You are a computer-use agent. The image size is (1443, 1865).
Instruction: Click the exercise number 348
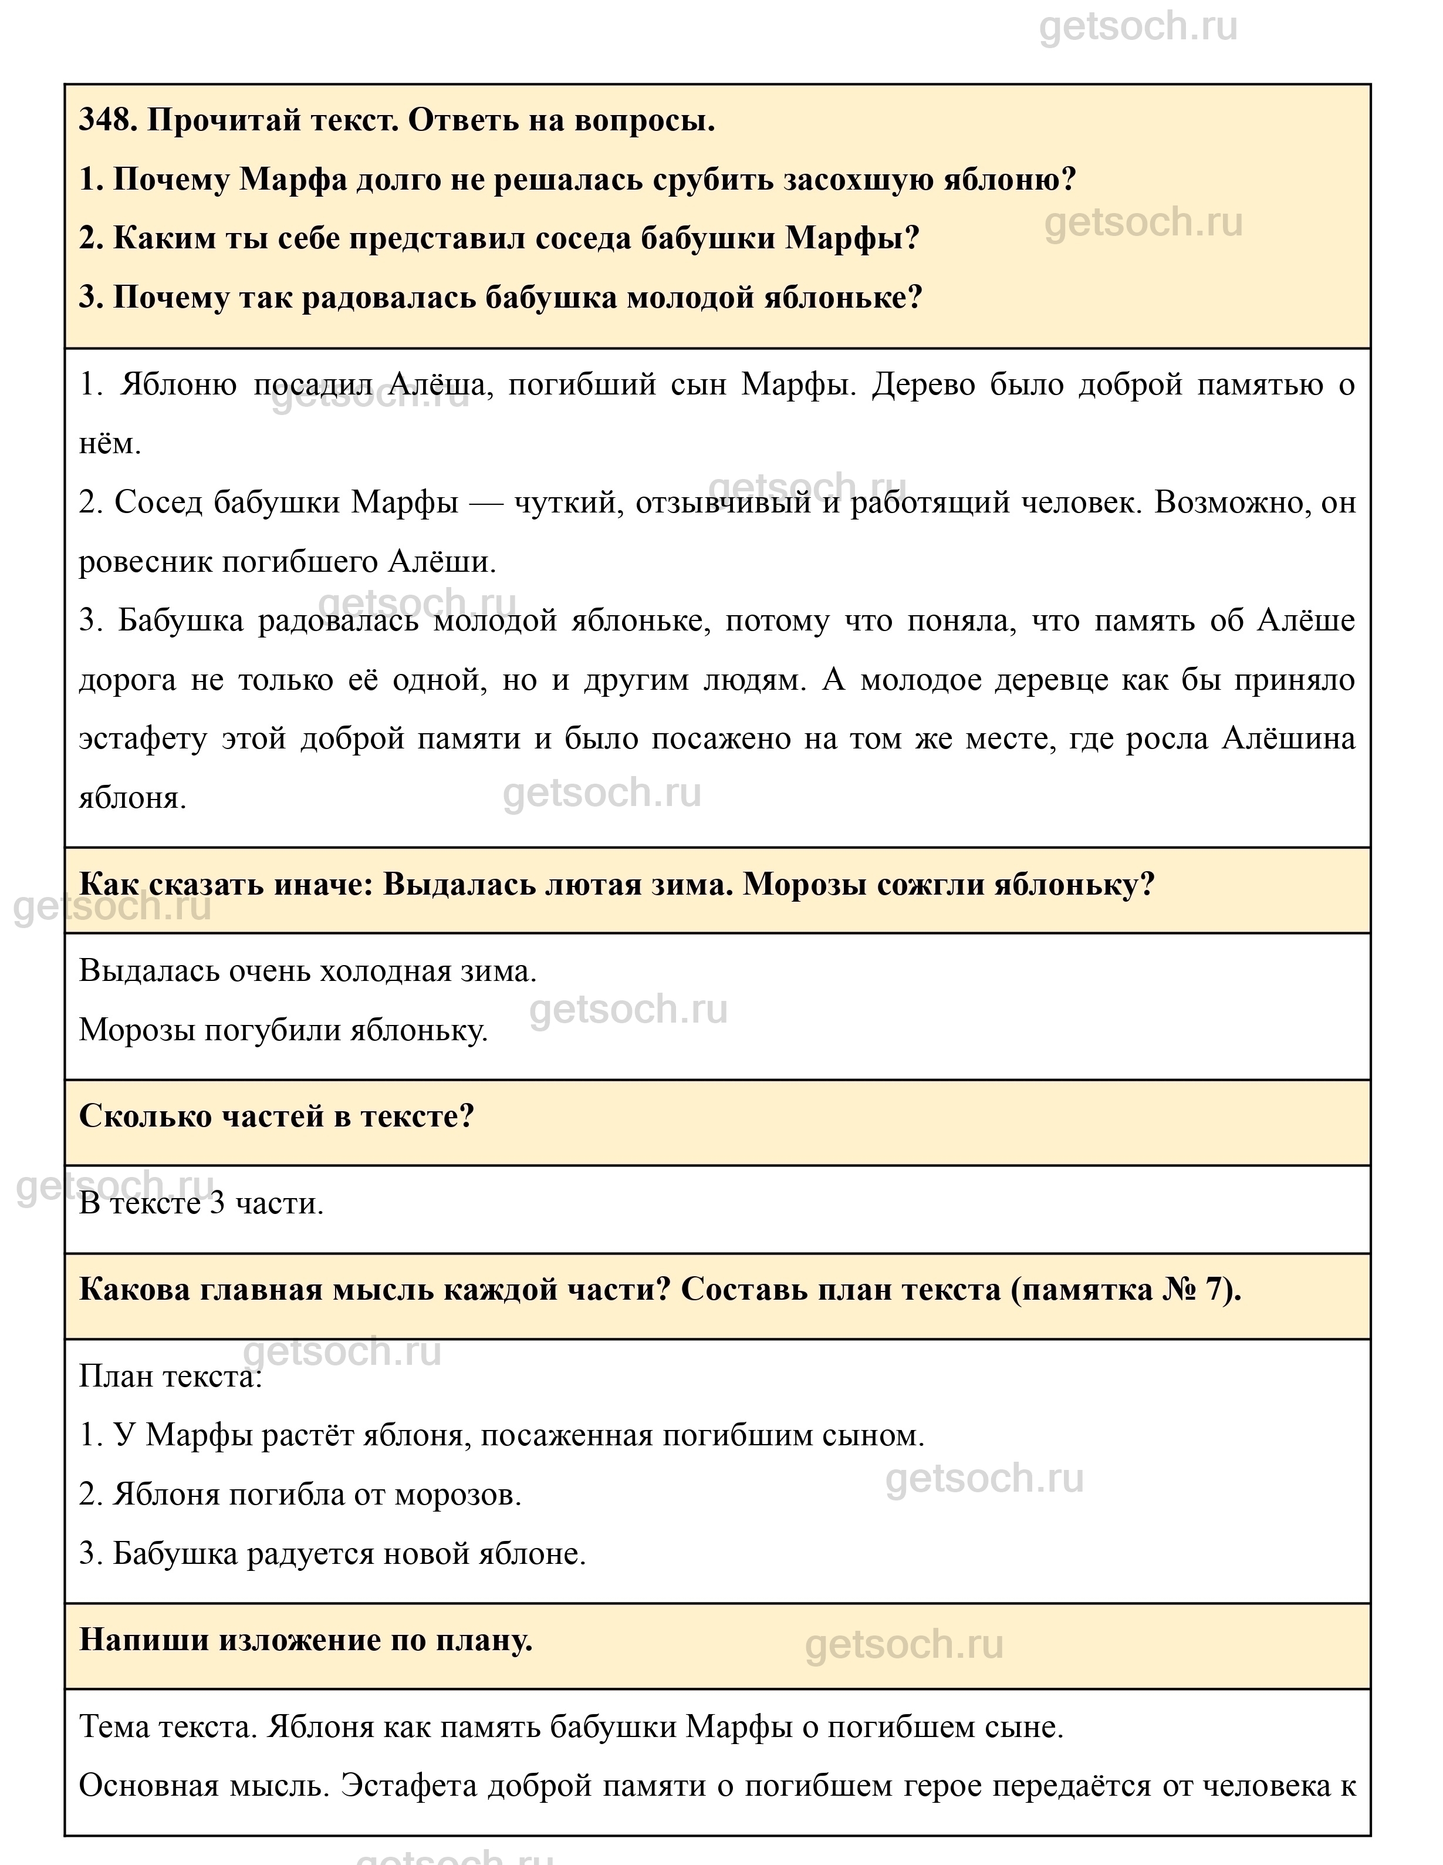click(x=107, y=120)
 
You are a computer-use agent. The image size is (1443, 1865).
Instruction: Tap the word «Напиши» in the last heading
click(x=143, y=1640)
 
